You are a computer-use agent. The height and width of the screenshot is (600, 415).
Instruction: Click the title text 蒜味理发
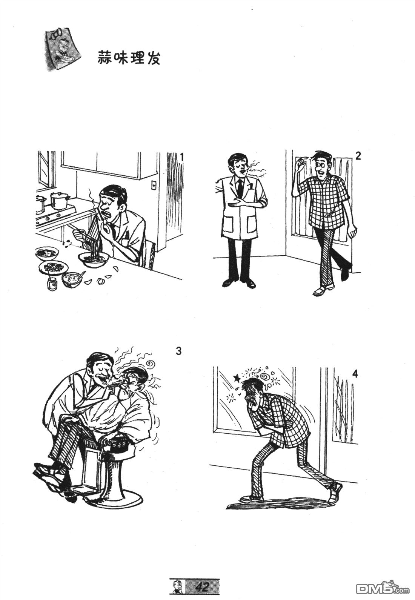(x=128, y=57)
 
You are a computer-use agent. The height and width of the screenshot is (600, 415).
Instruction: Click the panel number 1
(x=181, y=157)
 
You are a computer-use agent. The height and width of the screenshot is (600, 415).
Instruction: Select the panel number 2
(x=358, y=156)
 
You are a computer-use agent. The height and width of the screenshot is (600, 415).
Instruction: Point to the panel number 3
(x=179, y=351)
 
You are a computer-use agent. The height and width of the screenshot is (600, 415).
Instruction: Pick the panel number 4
(x=355, y=374)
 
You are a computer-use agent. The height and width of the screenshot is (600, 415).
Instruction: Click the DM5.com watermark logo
(x=383, y=588)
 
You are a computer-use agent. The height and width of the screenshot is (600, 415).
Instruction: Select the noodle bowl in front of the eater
(x=94, y=259)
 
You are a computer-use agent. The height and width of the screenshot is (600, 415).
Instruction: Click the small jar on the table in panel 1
(x=52, y=283)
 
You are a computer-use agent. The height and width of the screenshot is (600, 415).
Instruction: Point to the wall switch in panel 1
(x=154, y=185)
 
